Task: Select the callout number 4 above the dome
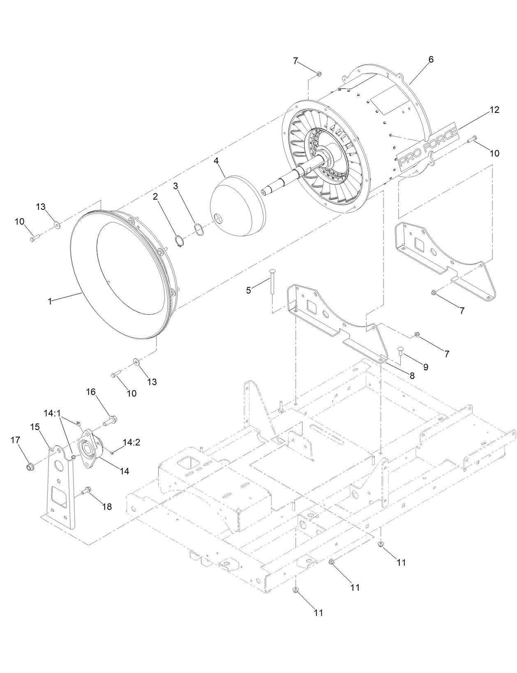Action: click(x=216, y=161)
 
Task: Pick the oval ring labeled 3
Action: click(x=198, y=229)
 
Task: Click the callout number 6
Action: click(x=430, y=60)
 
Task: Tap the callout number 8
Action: click(x=411, y=375)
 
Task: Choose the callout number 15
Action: click(x=35, y=427)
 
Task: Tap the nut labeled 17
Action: click(x=30, y=467)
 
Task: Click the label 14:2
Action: click(x=132, y=442)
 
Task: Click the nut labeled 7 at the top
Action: click(x=319, y=74)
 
